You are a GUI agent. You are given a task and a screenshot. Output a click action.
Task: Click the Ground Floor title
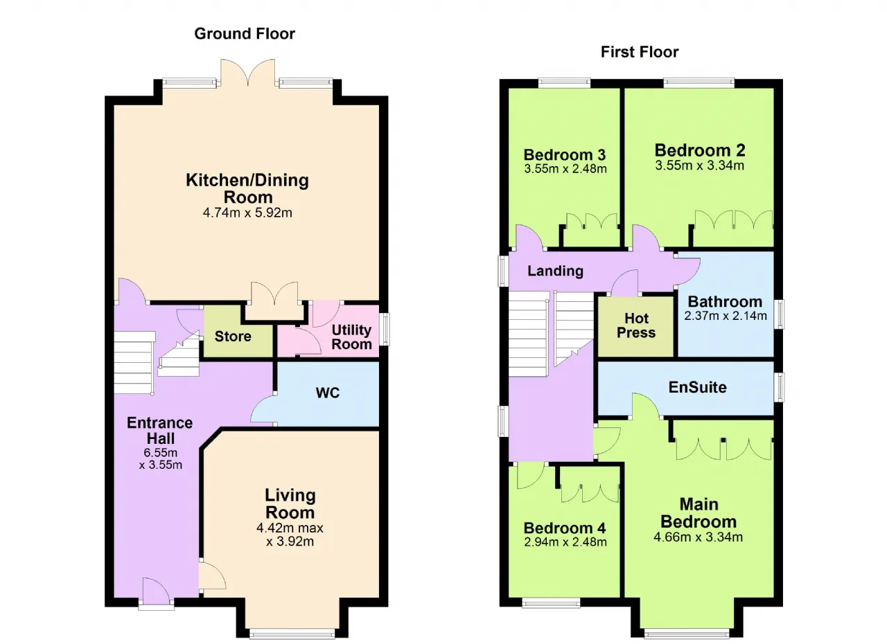coord(245,34)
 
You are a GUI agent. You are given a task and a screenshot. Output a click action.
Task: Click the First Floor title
coord(640,52)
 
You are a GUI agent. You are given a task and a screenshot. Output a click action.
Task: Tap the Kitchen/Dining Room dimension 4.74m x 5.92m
coord(247,213)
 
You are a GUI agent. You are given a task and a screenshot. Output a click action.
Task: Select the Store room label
coord(233,337)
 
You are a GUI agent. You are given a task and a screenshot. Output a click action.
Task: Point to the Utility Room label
coord(351,337)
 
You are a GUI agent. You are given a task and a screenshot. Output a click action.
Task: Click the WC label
coord(328,393)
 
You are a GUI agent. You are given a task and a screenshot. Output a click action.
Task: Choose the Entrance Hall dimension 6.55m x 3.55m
coord(160,458)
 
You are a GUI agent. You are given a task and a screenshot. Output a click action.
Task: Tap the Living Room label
coord(290,504)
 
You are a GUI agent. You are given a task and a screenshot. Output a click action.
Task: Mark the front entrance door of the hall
coord(156,592)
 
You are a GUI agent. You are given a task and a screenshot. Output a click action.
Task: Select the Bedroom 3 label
coord(565,154)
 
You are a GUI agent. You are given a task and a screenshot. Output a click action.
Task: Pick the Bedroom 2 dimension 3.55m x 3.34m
coord(700,166)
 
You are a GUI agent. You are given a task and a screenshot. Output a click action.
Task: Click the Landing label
coord(555,271)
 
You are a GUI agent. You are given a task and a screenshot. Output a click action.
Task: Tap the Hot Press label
coord(636,325)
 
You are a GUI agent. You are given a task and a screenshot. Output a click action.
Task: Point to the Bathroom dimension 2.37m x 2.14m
coord(726,316)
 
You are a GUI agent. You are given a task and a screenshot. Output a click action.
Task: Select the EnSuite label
coord(698,387)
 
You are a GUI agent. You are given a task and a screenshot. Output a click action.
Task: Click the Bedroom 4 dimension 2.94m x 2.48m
coord(565,542)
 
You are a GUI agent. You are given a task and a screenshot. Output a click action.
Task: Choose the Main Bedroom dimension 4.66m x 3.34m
coord(698,537)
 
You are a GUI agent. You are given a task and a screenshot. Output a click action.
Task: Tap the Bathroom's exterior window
coord(779,314)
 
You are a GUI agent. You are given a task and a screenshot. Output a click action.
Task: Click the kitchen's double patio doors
coord(248,73)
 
